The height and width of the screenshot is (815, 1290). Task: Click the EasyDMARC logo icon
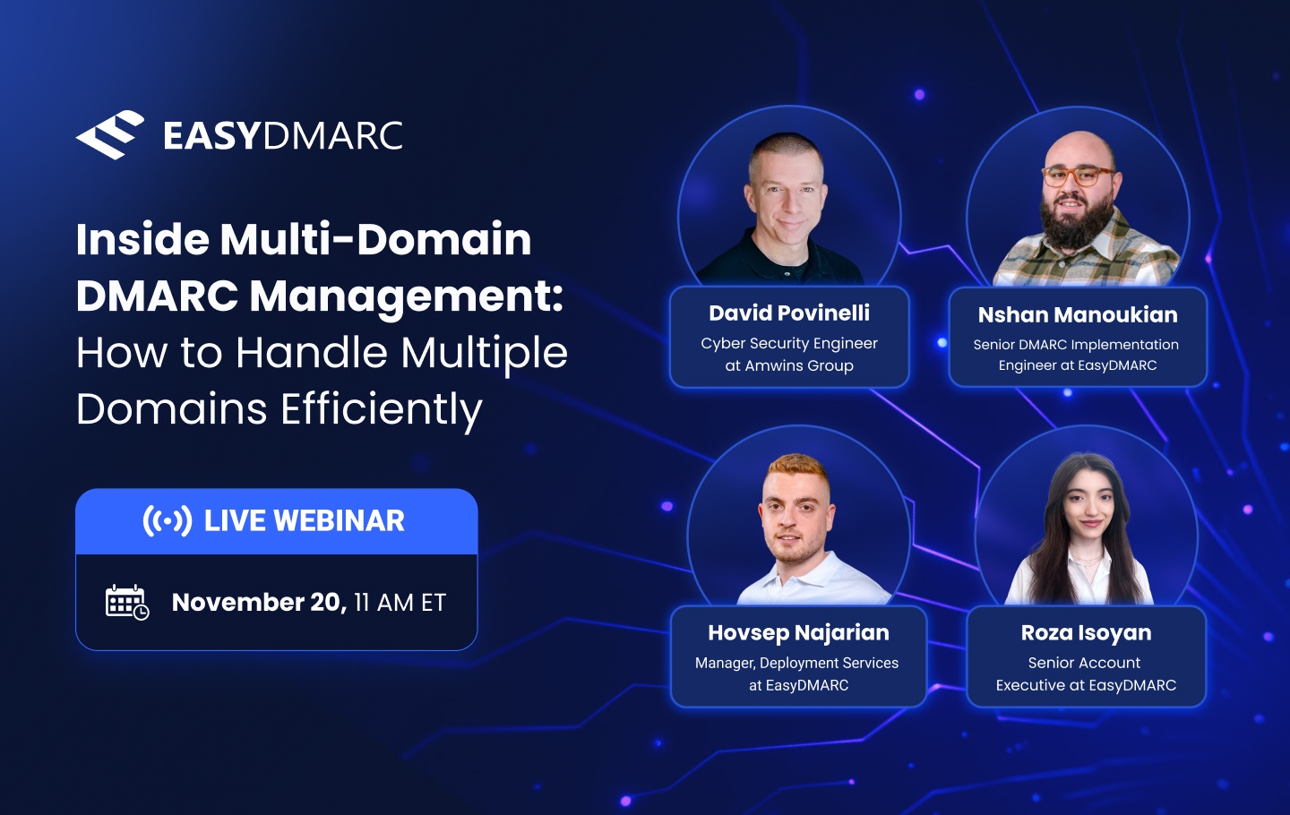[x=110, y=135]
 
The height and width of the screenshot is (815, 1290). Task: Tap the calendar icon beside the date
[x=126, y=602]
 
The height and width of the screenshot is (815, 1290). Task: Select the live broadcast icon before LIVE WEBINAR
[x=168, y=520]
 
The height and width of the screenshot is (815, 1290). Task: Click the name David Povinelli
[x=789, y=313]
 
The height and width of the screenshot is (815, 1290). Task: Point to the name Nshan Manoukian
[x=1078, y=314]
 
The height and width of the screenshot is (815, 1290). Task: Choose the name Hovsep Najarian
[x=798, y=632]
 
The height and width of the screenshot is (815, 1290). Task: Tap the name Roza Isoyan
[x=1086, y=632]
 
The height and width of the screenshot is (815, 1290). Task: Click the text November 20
[x=258, y=602]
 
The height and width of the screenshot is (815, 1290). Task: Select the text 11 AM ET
[x=400, y=603]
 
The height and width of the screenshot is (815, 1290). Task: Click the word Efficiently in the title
[x=382, y=409]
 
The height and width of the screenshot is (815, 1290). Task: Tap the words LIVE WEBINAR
[x=305, y=520]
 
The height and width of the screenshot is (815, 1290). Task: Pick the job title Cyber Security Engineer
[x=789, y=343]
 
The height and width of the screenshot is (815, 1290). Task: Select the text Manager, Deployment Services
[x=796, y=663]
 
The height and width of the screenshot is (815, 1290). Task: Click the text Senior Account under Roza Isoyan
[x=1084, y=663]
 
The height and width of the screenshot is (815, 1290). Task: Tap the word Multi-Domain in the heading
[x=375, y=240]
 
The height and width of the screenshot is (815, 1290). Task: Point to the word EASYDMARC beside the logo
[x=283, y=136]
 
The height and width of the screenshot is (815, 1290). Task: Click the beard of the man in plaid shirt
[x=1076, y=224]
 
